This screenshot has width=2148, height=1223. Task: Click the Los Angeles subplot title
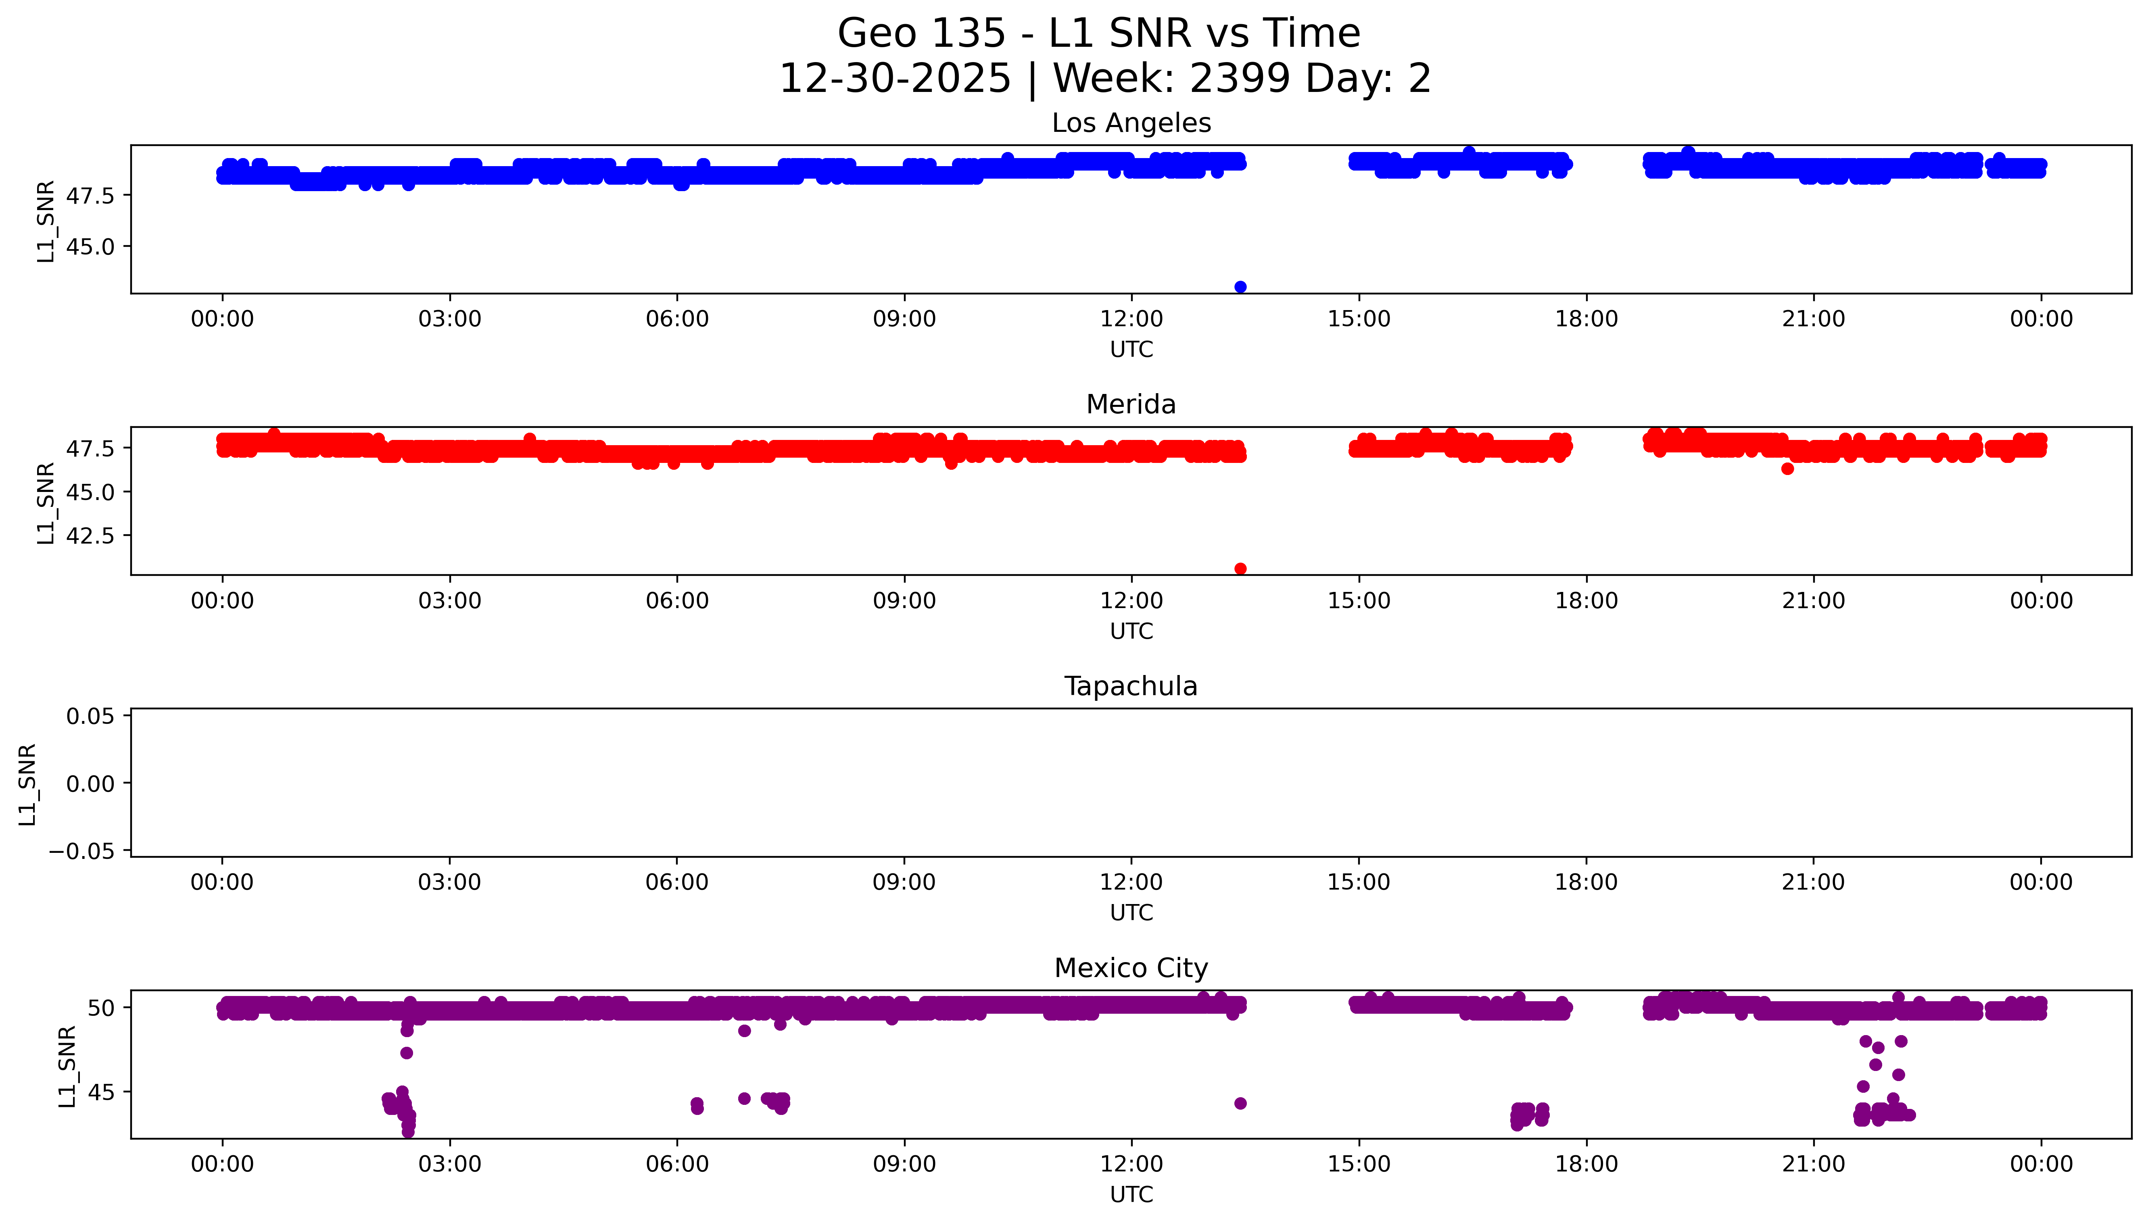tap(1131, 123)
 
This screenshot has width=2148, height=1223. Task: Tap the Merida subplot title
tap(1131, 405)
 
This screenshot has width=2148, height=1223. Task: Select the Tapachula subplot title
tap(1131, 686)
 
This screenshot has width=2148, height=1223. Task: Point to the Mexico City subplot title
tap(1131, 969)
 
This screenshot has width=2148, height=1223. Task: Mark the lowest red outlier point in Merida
tap(1240, 569)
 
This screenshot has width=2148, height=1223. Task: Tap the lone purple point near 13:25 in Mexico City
tap(1240, 1103)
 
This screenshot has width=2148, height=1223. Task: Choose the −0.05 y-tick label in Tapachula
tap(82, 851)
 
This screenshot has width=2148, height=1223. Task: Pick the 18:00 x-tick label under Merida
tap(1586, 600)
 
